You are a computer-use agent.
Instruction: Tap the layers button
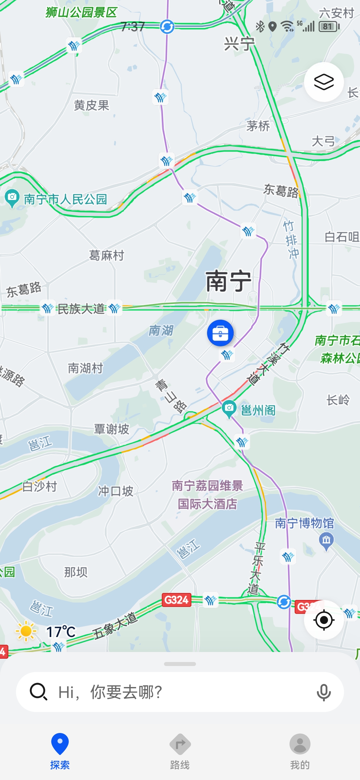pos(324,82)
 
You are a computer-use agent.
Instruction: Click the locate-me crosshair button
pos(324,620)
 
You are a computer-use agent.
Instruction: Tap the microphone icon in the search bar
pos(323,692)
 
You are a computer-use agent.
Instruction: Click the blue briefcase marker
pos(220,333)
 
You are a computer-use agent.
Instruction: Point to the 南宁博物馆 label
pos(304,523)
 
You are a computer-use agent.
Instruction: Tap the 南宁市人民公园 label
pos(65,199)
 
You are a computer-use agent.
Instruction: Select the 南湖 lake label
pos(161,330)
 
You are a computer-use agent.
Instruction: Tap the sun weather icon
pos(26,631)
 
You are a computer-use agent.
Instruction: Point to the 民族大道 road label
pos(81,309)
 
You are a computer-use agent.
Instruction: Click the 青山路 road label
pos(171,396)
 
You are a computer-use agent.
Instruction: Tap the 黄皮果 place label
pos(91,105)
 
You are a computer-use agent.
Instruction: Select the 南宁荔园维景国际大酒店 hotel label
pos(207,495)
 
